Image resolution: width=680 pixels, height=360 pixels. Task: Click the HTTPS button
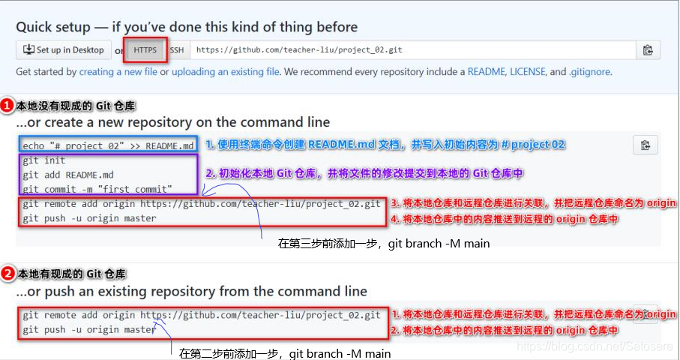(x=146, y=50)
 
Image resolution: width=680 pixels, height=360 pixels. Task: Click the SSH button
(x=176, y=50)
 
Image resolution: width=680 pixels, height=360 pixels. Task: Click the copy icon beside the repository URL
(x=648, y=50)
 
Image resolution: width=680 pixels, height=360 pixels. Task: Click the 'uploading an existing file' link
(x=226, y=72)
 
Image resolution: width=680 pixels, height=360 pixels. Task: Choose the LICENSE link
(x=528, y=72)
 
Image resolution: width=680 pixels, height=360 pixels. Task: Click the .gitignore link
(x=590, y=72)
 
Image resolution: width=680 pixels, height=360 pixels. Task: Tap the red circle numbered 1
(x=7, y=106)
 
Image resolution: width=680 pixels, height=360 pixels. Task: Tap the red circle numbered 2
(x=7, y=274)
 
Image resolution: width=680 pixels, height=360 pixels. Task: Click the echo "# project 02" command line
(x=108, y=145)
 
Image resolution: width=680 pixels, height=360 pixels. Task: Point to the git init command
(x=44, y=160)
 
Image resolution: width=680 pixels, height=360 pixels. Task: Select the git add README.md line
(x=68, y=175)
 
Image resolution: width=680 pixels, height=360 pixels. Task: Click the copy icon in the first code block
(x=645, y=145)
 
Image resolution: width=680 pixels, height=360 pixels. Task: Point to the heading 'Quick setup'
(x=187, y=27)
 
